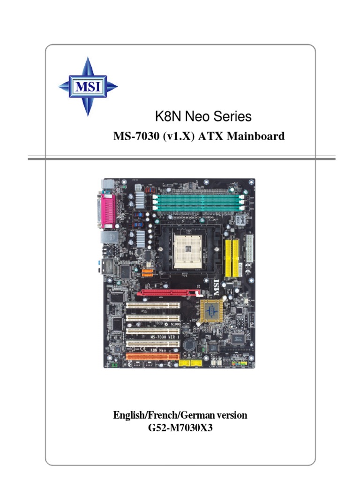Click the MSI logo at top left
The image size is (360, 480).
[x=88, y=87]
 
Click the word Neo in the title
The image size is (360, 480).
[x=200, y=116]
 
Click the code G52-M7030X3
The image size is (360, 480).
[x=180, y=427]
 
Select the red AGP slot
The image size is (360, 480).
[x=166, y=294]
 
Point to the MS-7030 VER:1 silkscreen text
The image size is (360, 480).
[x=162, y=337]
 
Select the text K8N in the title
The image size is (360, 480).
[x=165, y=116]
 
